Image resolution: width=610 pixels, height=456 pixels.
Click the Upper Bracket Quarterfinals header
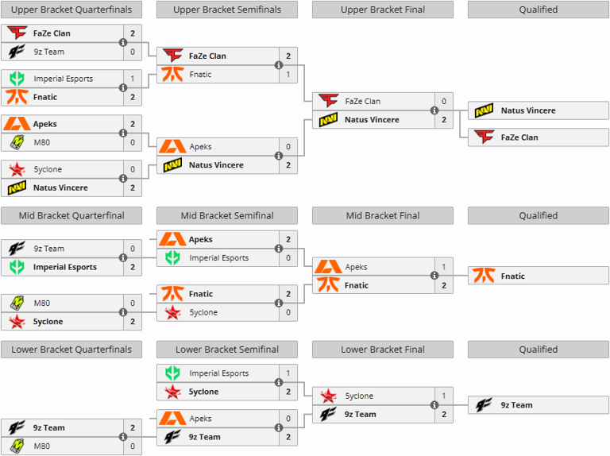click(x=71, y=10)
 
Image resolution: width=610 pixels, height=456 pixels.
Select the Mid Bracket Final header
click(x=383, y=215)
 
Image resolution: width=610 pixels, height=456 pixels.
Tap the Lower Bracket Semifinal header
click(x=227, y=349)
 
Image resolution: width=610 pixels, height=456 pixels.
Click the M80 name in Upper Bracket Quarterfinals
click(x=43, y=142)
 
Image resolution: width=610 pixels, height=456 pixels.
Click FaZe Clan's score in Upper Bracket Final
click(x=443, y=102)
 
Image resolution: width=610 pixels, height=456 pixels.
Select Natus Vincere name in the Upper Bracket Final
click(x=372, y=120)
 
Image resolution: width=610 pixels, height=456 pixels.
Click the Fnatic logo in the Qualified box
click(x=484, y=276)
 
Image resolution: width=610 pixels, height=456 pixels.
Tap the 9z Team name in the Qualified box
click(x=516, y=405)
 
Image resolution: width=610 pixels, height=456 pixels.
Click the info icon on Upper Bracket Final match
click(x=434, y=111)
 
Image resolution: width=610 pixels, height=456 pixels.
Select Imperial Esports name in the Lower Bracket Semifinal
click(x=218, y=373)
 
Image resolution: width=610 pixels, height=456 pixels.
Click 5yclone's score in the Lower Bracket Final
click(x=443, y=396)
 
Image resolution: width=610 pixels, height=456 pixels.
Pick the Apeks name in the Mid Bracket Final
click(x=357, y=267)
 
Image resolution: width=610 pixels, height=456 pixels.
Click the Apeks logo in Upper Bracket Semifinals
click(x=172, y=147)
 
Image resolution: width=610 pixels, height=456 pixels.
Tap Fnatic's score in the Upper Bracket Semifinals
click(x=288, y=75)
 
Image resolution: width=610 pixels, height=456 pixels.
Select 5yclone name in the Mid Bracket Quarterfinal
click(x=48, y=322)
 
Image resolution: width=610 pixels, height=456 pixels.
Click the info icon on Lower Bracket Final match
click(x=434, y=405)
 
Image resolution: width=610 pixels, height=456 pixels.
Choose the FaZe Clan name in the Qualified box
click(x=519, y=137)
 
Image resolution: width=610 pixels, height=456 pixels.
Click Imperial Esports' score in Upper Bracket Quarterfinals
click(x=132, y=79)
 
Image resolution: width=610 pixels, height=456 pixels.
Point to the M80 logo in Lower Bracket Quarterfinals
click(x=17, y=446)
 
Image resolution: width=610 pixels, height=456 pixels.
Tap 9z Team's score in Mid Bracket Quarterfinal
click(x=132, y=249)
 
